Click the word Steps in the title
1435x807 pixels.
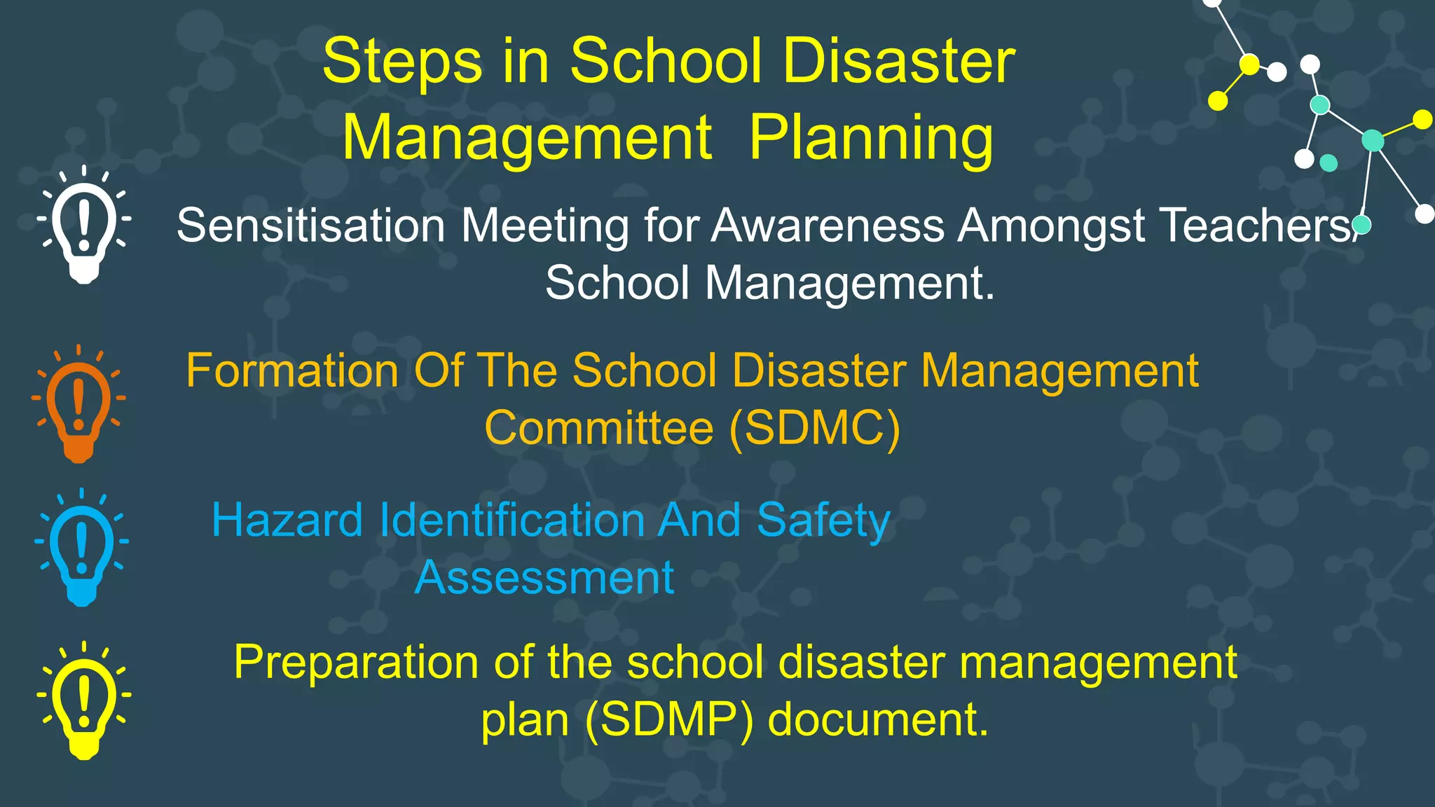(402, 62)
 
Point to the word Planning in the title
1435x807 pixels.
(871, 137)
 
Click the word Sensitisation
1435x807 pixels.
(310, 226)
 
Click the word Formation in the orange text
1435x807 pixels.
(291, 371)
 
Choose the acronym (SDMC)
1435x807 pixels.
(814, 428)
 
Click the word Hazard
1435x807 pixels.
(287, 520)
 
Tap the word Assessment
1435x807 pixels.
(544, 578)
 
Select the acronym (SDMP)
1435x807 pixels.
(669, 719)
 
